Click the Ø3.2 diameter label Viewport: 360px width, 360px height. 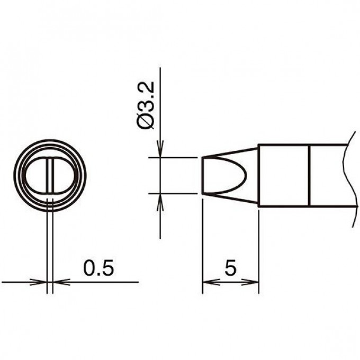(146, 106)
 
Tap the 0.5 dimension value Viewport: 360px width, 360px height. (98, 268)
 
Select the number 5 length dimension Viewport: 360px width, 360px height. (230, 268)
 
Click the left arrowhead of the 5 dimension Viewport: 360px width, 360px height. (211, 282)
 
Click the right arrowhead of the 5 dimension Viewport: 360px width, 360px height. (250, 282)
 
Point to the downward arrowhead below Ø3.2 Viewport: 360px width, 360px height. (160, 149)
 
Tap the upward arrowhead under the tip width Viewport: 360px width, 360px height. (160, 202)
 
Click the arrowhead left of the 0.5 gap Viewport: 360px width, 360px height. (38, 282)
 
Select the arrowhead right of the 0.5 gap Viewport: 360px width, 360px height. (61, 282)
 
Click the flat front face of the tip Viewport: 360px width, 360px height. (202, 175)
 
